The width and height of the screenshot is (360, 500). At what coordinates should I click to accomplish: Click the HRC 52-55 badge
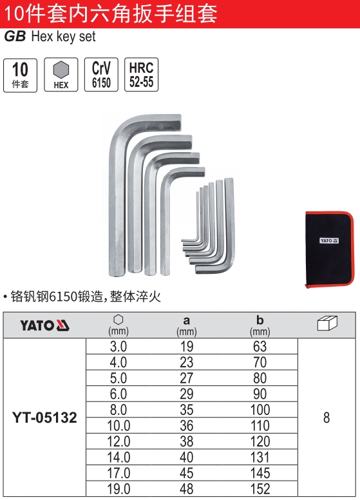coord(141,75)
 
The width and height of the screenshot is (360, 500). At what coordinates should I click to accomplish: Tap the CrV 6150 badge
coord(101,75)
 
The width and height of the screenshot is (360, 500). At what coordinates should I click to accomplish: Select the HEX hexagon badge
coord(61,75)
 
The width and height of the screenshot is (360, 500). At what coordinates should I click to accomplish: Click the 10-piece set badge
coord(20,75)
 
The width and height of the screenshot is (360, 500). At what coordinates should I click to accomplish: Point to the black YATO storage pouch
coord(328,248)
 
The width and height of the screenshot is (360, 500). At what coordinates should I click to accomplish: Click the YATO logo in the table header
coord(44,326)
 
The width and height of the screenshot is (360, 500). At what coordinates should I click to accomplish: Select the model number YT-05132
coord(44,418)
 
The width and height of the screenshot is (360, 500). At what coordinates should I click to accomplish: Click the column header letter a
coord(186,320)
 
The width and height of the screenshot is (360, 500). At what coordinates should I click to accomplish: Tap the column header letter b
coord(260,320)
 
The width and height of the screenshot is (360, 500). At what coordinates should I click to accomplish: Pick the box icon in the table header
coord(327,324)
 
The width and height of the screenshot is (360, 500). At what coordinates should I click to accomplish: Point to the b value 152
coord(260,490)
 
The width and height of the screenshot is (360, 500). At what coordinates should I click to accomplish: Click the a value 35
coord(186,410)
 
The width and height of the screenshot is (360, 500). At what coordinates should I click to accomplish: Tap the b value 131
coord(260,457)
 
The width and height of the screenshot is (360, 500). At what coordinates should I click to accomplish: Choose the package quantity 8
coord(327,418)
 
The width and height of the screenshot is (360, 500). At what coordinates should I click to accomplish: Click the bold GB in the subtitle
coord(14,37)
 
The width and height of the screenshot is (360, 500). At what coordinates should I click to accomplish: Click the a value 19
coord(186,347)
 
